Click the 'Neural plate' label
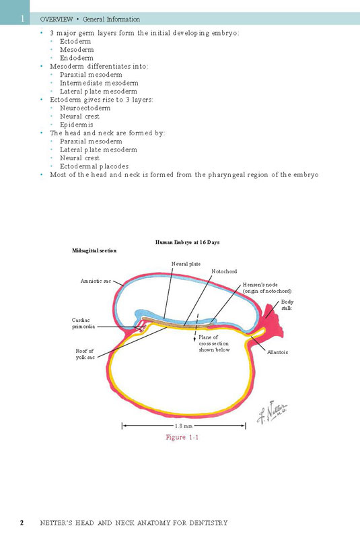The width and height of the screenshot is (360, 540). tap(186, 264)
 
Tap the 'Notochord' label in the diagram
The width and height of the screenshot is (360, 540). tap(224, 271)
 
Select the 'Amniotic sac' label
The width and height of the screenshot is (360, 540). tap(96, 281)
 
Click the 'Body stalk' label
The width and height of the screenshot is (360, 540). tap(287, 305)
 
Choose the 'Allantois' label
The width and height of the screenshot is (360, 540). tap(277, 352)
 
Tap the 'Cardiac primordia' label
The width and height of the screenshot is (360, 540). tap(83, 323)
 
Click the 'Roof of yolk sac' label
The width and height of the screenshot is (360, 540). tap(85, 354)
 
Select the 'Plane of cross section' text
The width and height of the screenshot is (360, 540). tap(214, 343)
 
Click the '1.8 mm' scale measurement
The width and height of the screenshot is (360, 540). tap(184, 426)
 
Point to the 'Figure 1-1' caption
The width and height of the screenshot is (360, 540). tap(182, 438)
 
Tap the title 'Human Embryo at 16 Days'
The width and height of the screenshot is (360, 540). tap(187, 242)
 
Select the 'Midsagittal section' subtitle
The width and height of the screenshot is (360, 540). tap(94, 250)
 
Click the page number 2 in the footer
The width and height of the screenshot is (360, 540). tap(22, 522)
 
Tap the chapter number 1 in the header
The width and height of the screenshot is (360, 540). tap(23, 19)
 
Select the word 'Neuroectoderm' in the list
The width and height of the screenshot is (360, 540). tap(85, 108)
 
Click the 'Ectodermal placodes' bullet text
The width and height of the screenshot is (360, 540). tap(94, 166)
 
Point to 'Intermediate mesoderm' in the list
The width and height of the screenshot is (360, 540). tap(99, 83)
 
